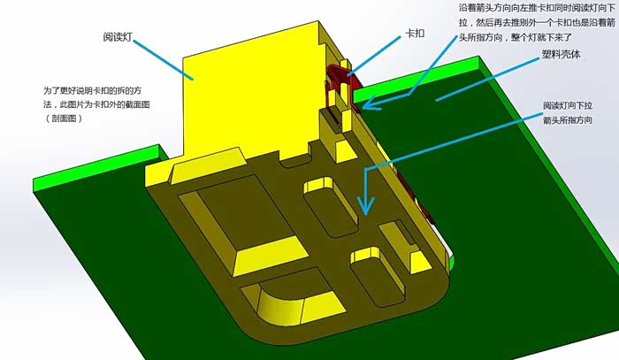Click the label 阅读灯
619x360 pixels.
117,37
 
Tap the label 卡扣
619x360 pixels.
415,33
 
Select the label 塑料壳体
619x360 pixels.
561,54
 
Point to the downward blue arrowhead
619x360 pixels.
366,206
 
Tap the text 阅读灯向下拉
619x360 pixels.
568,106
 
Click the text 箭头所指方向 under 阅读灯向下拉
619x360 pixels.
568,120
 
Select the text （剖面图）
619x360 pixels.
64,119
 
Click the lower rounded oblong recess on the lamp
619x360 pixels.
378,276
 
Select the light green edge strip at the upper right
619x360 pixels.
418,78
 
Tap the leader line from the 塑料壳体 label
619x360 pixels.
487,79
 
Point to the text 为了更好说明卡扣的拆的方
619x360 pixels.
92,90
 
